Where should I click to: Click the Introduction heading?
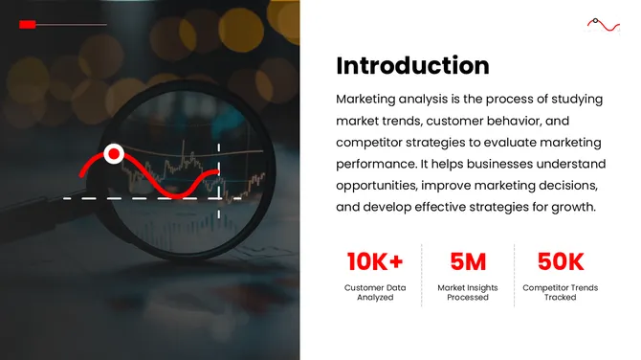412,66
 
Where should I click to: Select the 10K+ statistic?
375,260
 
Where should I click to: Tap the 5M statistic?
468,260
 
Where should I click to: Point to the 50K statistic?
561,260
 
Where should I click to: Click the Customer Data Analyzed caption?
375,292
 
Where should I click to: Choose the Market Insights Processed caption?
468,292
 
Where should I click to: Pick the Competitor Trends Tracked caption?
561,292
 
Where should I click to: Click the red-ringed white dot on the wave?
114,153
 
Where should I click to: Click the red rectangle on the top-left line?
28,24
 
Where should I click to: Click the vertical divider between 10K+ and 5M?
422,275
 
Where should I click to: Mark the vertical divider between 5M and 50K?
515,275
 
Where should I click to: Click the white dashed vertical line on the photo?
220,172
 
